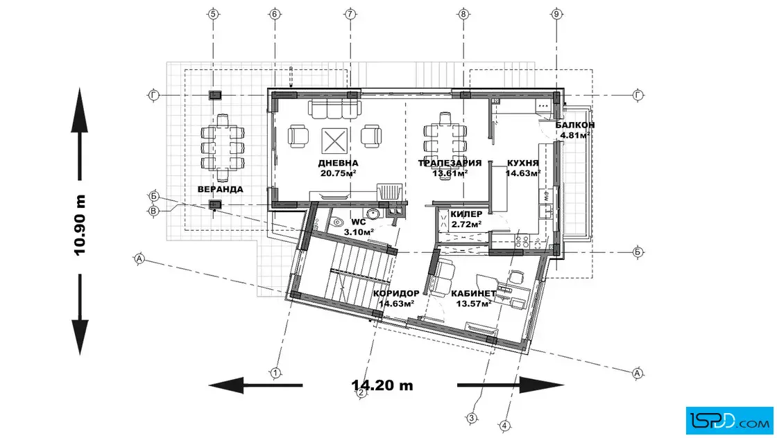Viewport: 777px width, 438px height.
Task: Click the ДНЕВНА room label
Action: click(x=338, y=163)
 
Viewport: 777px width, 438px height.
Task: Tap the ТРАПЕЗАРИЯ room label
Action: click(x=450, y=163)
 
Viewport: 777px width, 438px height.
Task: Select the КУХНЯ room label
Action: click(x=523, y=163)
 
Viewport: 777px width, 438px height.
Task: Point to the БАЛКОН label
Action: click(x=575, y=125)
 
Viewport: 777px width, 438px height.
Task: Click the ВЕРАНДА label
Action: click(x=220, y=189)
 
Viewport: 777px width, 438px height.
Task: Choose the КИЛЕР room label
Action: click(x=466, y=214)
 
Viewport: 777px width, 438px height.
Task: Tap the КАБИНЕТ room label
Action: click(x=473, y=293)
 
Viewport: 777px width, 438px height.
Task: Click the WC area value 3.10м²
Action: click(x=359, y=231)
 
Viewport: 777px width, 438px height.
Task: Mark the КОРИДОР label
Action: click(x=396, y=293)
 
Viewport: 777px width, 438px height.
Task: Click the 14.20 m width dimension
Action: click(x=382, y=385)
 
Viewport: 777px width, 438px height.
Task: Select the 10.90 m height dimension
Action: click(x=80, y=225)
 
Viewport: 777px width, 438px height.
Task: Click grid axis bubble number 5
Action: click(x=213, y=14)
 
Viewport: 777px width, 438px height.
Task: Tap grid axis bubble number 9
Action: click(x=556, y=14)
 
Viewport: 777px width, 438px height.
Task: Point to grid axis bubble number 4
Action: click(x=504, y=425)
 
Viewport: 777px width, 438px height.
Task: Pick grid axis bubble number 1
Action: click(x=275, y=373)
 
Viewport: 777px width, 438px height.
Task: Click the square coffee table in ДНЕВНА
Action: click(x=334, y=141)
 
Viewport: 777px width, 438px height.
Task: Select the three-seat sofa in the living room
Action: click(x=334, y=109)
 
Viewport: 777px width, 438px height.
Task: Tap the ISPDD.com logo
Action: click(x=729, y=421)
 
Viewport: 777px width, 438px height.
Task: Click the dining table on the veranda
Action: click(x=223, y=148)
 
